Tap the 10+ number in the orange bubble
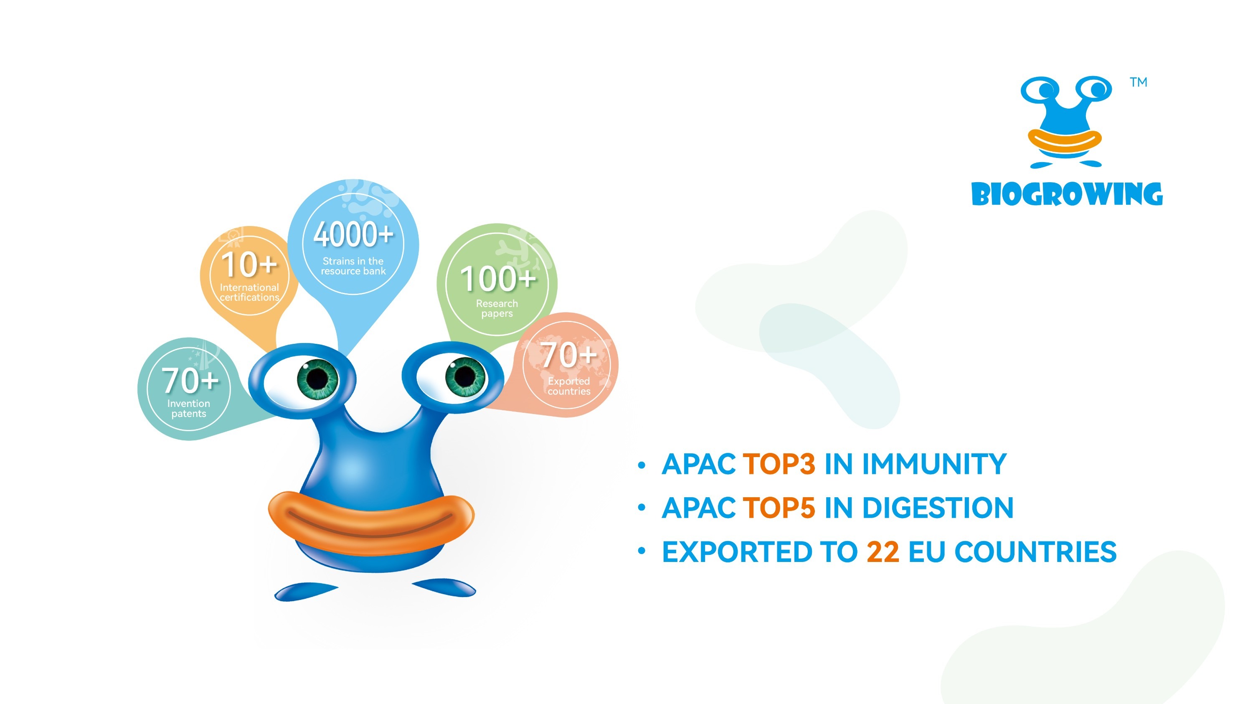(249, 264)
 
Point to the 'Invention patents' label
(189, 409)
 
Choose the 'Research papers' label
(497, 308)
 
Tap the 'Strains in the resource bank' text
(353, 266)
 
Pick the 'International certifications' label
(249, 292)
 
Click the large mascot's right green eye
(464, 376)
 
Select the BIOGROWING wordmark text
(1067, 194)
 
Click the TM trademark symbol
(1138, 82)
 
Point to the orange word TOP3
(779, 464)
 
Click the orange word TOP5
(779, 508)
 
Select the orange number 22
(883, 552)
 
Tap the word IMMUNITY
(934, 464)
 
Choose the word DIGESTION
(937, 508)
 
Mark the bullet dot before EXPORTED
(642, 551)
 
